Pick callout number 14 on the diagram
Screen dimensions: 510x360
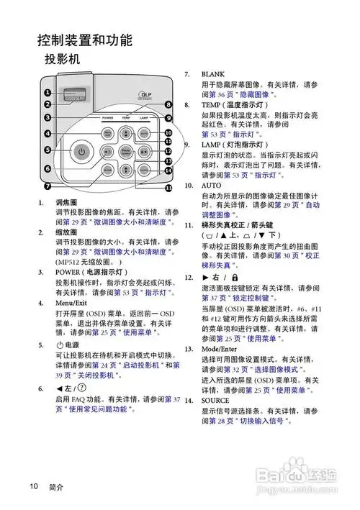167,171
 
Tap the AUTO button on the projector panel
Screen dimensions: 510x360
145,134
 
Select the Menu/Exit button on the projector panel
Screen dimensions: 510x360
108,134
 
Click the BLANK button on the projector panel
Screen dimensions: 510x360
108,170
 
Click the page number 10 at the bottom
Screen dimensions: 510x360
33,486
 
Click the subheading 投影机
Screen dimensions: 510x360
61,58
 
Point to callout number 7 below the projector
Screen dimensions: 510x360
48,185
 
